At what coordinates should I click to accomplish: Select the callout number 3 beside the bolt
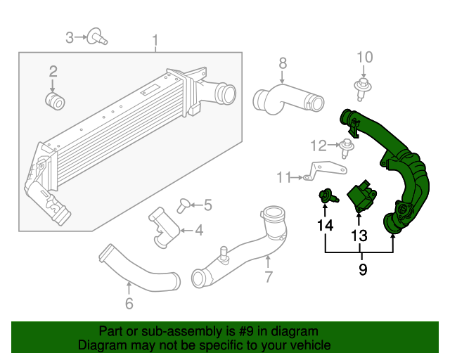[70, 37]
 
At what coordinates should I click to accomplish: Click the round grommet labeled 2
[56, 101]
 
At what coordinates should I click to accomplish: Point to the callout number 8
[283, 63]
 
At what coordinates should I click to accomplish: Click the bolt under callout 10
[363, 88]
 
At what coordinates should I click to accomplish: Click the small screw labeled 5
[184, 205]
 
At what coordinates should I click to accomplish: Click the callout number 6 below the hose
[129, 304]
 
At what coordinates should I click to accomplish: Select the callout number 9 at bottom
[363, 270]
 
